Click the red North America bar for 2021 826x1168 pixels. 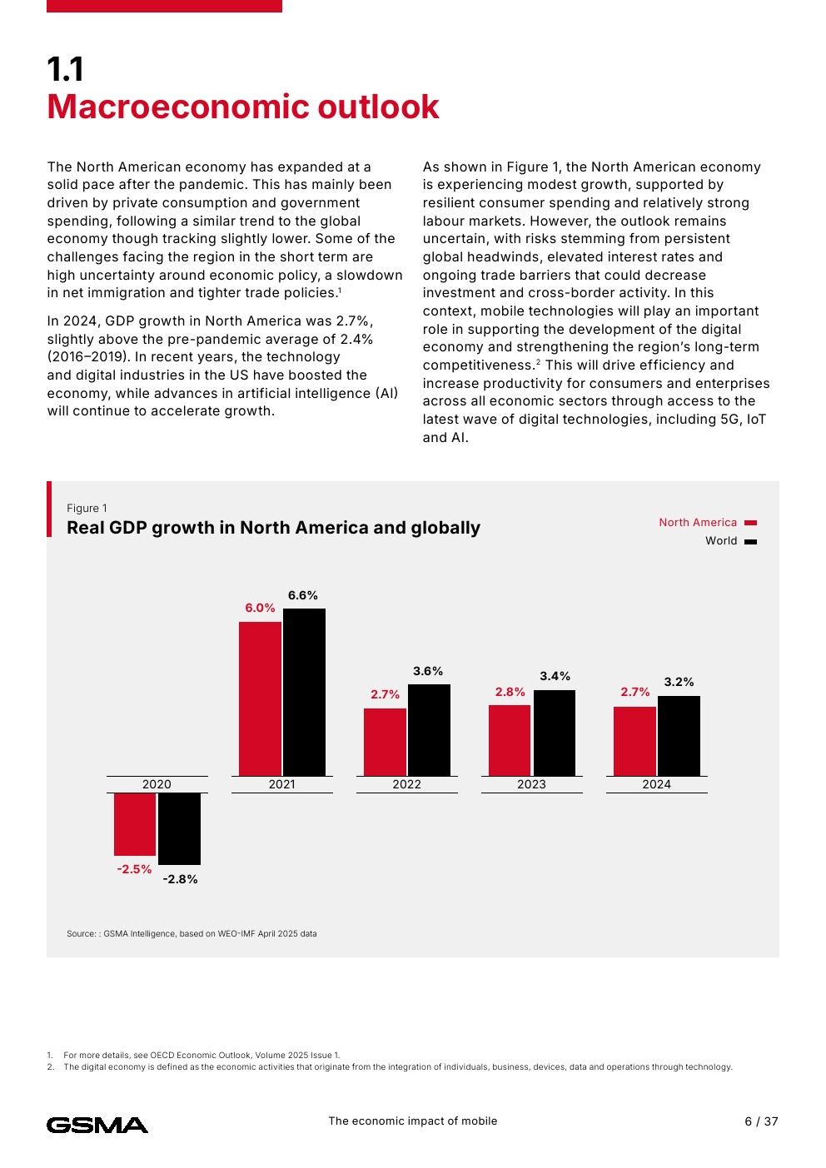point(260,698)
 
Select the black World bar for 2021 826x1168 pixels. point(304,692)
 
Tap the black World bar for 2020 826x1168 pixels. point(179,828)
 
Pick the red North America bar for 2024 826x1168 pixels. point(634,741)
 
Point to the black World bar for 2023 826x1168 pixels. point(554,733)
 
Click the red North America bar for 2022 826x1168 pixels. point(385,742)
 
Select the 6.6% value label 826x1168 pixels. point(303,595)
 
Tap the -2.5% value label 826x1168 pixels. point(134,869)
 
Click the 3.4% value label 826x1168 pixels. point(555,676)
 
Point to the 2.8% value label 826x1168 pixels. point(510,692)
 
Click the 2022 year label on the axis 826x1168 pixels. point(406,784)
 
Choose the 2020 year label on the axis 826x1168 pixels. point(157,784)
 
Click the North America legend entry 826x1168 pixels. point(707,523)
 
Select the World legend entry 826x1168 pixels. point(729,541)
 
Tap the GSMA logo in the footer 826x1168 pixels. point(97,1125)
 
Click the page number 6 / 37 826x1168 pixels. point(761,1121)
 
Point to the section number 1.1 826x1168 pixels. point(65,69)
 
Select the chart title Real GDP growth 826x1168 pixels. point(273,528)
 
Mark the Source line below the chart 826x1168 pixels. point(192,934)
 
